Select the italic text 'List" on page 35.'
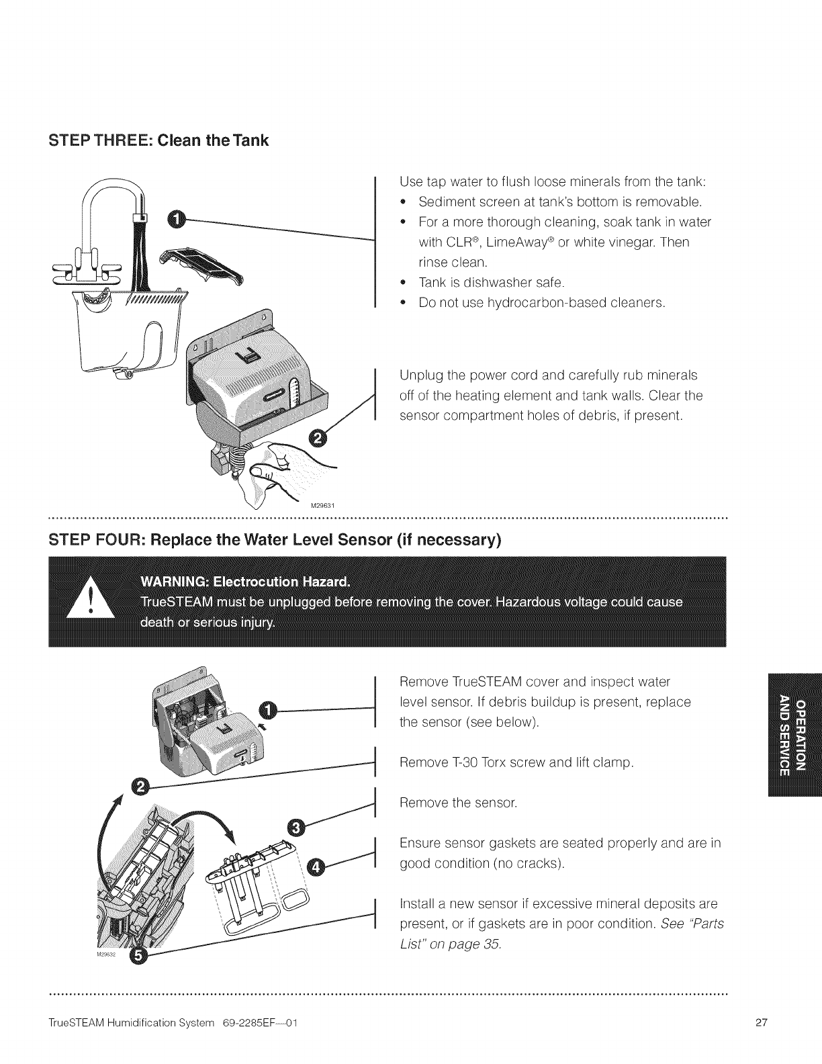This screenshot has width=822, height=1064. (450, 944)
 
